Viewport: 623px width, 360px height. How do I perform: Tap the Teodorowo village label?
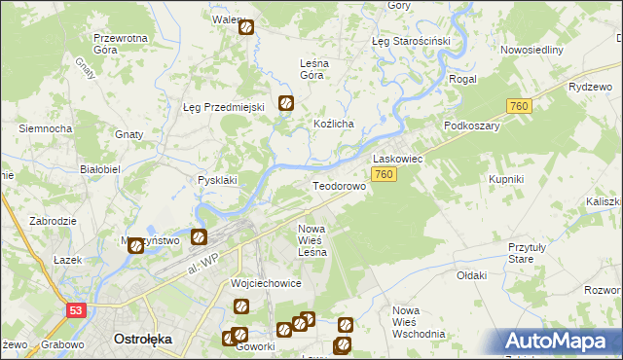click(x=338, y=185)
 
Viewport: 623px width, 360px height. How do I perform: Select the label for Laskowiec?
click(x=396, y=158)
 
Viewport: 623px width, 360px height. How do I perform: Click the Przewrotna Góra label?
click(x=120, y=44)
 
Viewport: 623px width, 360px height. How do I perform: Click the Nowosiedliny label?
click(x=531, y=50)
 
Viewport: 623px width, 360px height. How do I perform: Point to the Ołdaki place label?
click(x=471, y=275)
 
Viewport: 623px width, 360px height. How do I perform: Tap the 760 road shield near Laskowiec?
click(x=384, y=174)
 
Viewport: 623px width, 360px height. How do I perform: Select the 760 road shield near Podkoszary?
click(x=518, y=106)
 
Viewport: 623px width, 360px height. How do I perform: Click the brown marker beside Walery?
click(x=246, y=28)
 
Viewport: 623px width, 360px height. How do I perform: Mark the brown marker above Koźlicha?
click(x=286, y=102)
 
